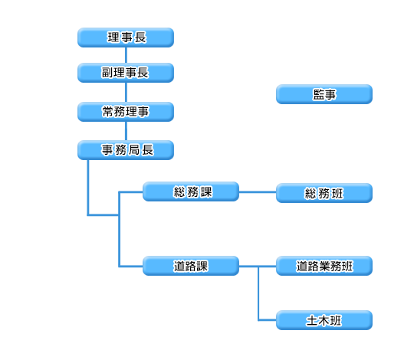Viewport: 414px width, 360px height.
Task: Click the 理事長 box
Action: pyautogui.click(x=126, y=38)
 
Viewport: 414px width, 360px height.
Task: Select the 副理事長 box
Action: pyautogui.click(x=126, y=73)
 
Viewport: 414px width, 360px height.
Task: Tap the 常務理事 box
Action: pyautogui.click(x=126, y=112)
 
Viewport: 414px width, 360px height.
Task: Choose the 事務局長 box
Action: pyautogui.click(x=126, y=150)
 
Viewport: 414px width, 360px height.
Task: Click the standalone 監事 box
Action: pyautogui.click(x=324, y=94)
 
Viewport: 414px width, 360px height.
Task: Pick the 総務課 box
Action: pyautogui.click(x=191, y=191)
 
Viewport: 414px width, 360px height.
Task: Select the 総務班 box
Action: pyautogui.click(x=324, y=193)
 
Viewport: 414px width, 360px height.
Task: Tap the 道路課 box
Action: pyautogui.click(x=191, y=266)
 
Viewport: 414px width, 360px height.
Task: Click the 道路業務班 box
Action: pyautogui.click(x=324, y=266)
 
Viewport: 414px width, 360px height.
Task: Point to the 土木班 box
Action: pyautogui.click(x=324, y=320)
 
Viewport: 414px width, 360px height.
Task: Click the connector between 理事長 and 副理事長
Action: pyautogui.click(x=126, y=55)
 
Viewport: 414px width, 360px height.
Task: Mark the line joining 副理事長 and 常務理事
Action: pyautogui.click(x=126, y=93)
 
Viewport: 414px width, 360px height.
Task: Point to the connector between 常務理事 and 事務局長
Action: pyautogui.click(x=126, y=131)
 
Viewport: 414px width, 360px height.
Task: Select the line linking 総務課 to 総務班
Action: pyautogui.click(x=258, y=192)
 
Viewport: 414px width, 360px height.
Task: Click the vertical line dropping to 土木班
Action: pyautogui.click(x=258, y=293)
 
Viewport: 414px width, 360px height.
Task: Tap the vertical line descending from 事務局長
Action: pyautogui.click(x=88, y=187)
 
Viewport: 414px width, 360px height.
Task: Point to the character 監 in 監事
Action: pyautogui.click(x=318, y=94)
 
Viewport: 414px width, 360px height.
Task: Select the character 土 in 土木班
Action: pyautogui.click(x=312, y=320)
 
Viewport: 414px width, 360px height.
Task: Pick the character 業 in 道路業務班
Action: pyautogui.click(x=325, y=266)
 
